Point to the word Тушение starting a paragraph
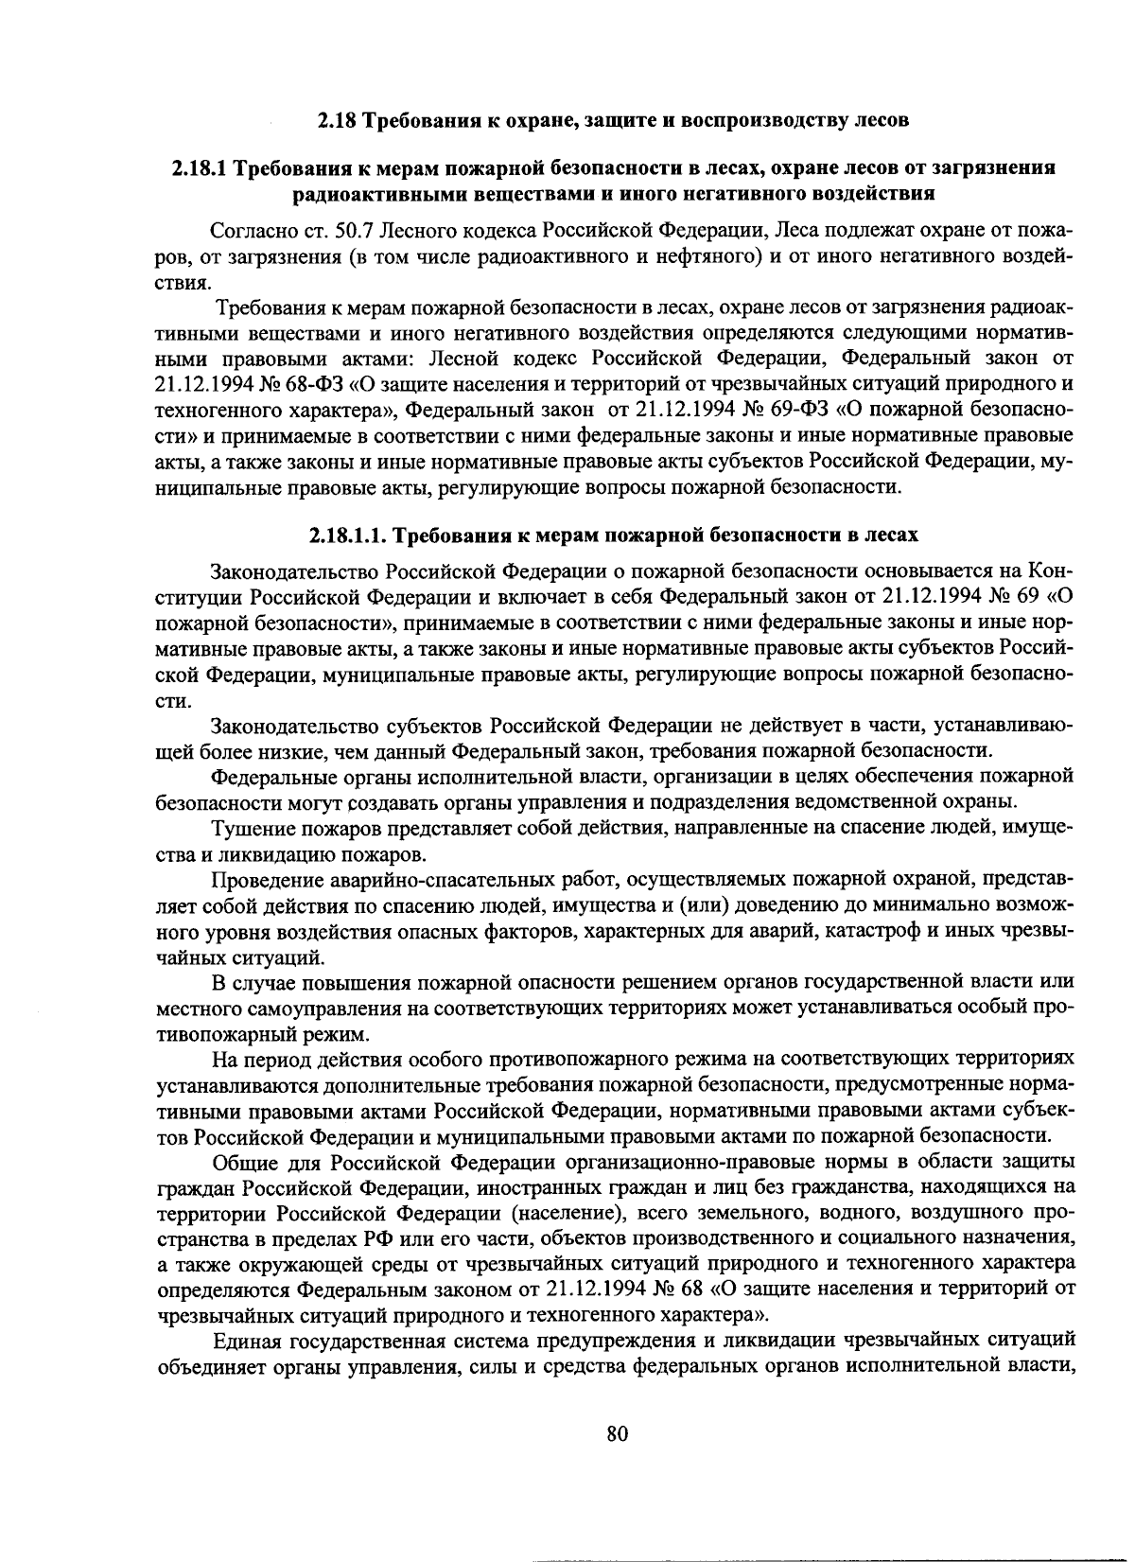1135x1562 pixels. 247,830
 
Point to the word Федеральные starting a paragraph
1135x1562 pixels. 267,777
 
